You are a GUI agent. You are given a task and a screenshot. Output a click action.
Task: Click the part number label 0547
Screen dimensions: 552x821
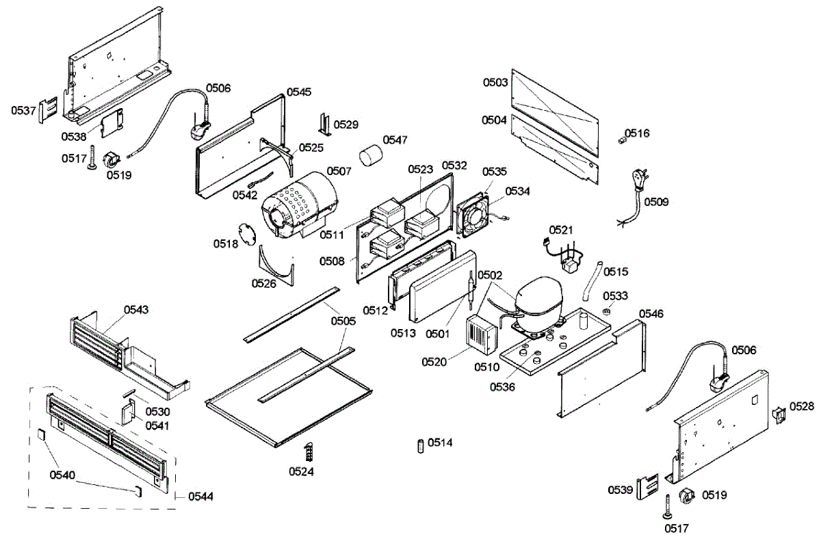pos(395,140)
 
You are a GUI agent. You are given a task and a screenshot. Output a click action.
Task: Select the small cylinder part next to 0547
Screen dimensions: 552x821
pos(370,155)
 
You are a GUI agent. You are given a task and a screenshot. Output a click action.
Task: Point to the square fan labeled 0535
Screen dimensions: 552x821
pos(473,213)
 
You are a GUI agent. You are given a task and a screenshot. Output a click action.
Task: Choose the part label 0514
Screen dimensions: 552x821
pos(440,443)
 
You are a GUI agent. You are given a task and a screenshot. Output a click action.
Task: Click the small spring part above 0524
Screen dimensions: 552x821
pos(309,451)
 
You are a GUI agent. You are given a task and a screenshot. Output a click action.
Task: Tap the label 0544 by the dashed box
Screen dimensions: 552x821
pos(200,496)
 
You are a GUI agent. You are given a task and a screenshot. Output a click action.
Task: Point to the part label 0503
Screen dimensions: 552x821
pos(495,83)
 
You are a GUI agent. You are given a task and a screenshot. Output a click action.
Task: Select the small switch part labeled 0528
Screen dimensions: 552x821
pos(778,415)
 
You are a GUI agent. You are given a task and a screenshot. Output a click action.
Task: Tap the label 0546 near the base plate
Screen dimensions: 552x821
pos(651,313)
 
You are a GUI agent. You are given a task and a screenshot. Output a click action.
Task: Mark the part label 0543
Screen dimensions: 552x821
pos(136,310)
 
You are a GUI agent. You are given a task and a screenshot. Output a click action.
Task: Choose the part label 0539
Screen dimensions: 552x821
pos(621,490)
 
